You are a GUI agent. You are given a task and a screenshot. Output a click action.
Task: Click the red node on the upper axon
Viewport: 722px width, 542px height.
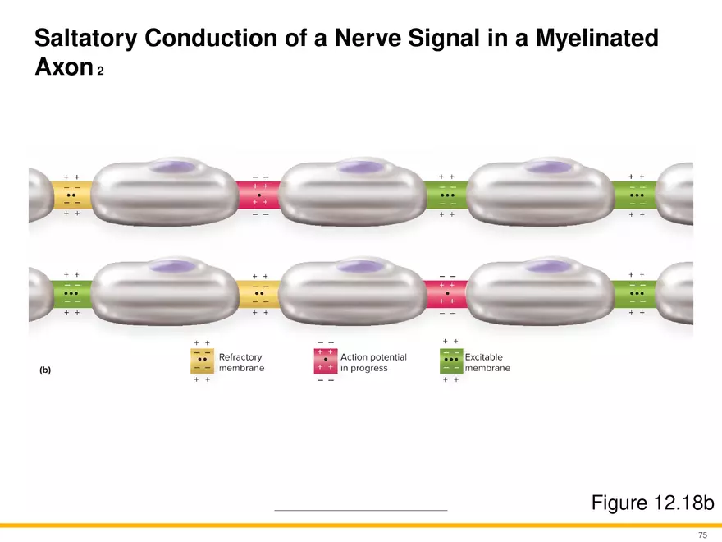pyautogui.click(x=260, y=195)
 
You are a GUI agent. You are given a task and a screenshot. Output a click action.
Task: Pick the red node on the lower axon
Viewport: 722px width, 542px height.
pyautogui.click(x=448, y=293)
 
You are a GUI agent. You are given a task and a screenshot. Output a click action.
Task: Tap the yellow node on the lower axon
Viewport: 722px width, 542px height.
pyautogui.click(x=260, y=293)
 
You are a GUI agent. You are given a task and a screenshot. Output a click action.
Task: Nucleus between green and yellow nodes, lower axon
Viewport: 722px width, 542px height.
pyautogui.click(x=171, y=266)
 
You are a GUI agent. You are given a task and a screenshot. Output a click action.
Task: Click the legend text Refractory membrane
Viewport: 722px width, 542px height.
pyautogui.click(x=241, y=363)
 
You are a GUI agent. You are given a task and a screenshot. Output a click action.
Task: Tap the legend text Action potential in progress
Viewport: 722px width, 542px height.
pyautogui.click(x=373, y=363)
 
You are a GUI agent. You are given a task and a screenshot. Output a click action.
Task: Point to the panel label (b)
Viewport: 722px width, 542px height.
pyautogui.click(x=45, y=370)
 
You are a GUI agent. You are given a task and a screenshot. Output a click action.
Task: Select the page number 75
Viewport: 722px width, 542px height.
pyautogui.click(x=702, y=535)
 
